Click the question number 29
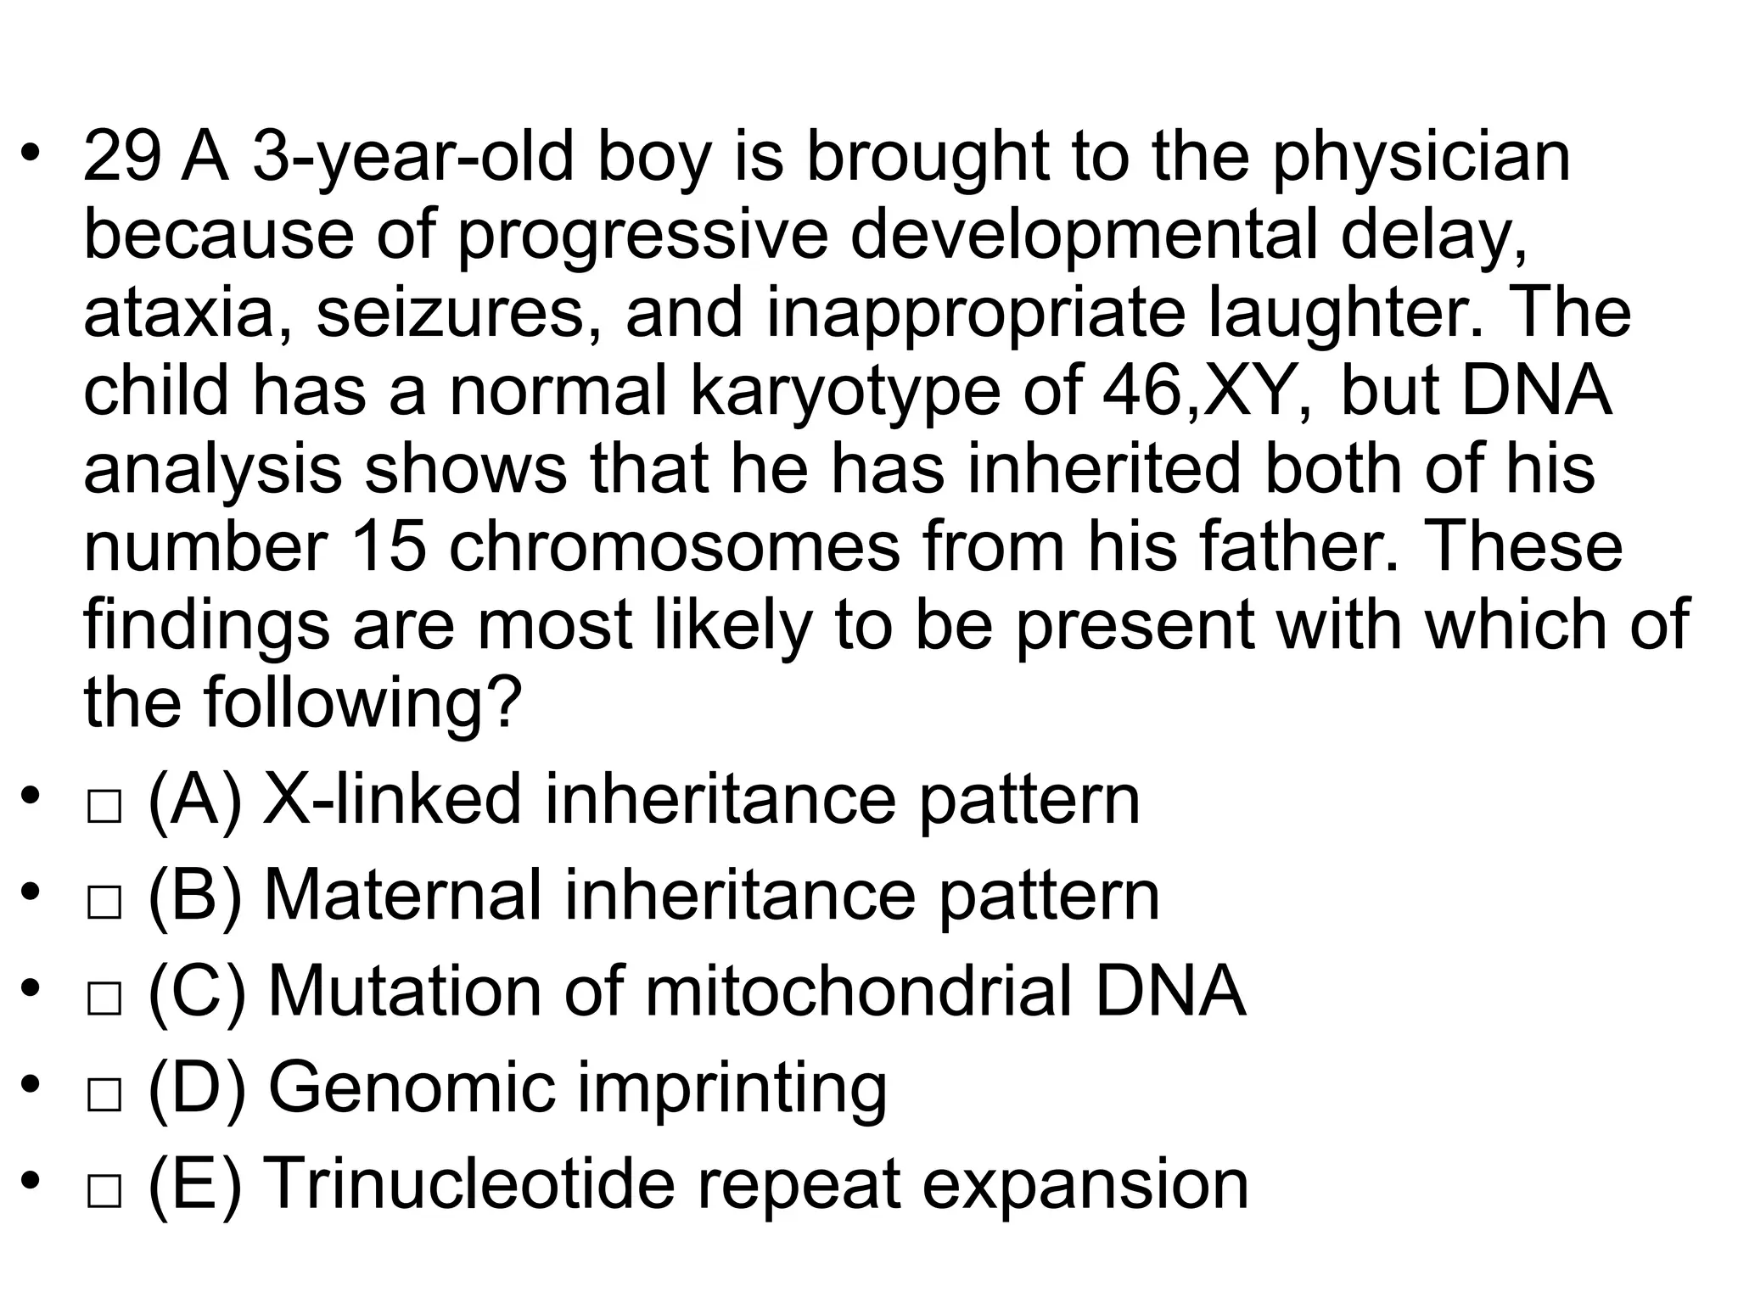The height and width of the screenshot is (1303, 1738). pyautogui.click(x=121, y=158)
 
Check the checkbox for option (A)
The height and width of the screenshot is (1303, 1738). pyautogui.click(x=104, y=806)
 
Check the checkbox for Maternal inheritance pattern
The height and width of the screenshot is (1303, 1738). pyautogui.click(x=104, y=903)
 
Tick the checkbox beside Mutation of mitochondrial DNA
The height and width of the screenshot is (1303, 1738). pyautogui.click(x=104, y=999)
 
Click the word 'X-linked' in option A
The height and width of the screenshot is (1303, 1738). pyautogui.click(x=392, y=799)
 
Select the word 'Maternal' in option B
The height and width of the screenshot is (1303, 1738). pyautogui.click(x=402, y=896)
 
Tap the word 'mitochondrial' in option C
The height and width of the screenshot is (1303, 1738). pyautogui.click(x=858, y=993)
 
